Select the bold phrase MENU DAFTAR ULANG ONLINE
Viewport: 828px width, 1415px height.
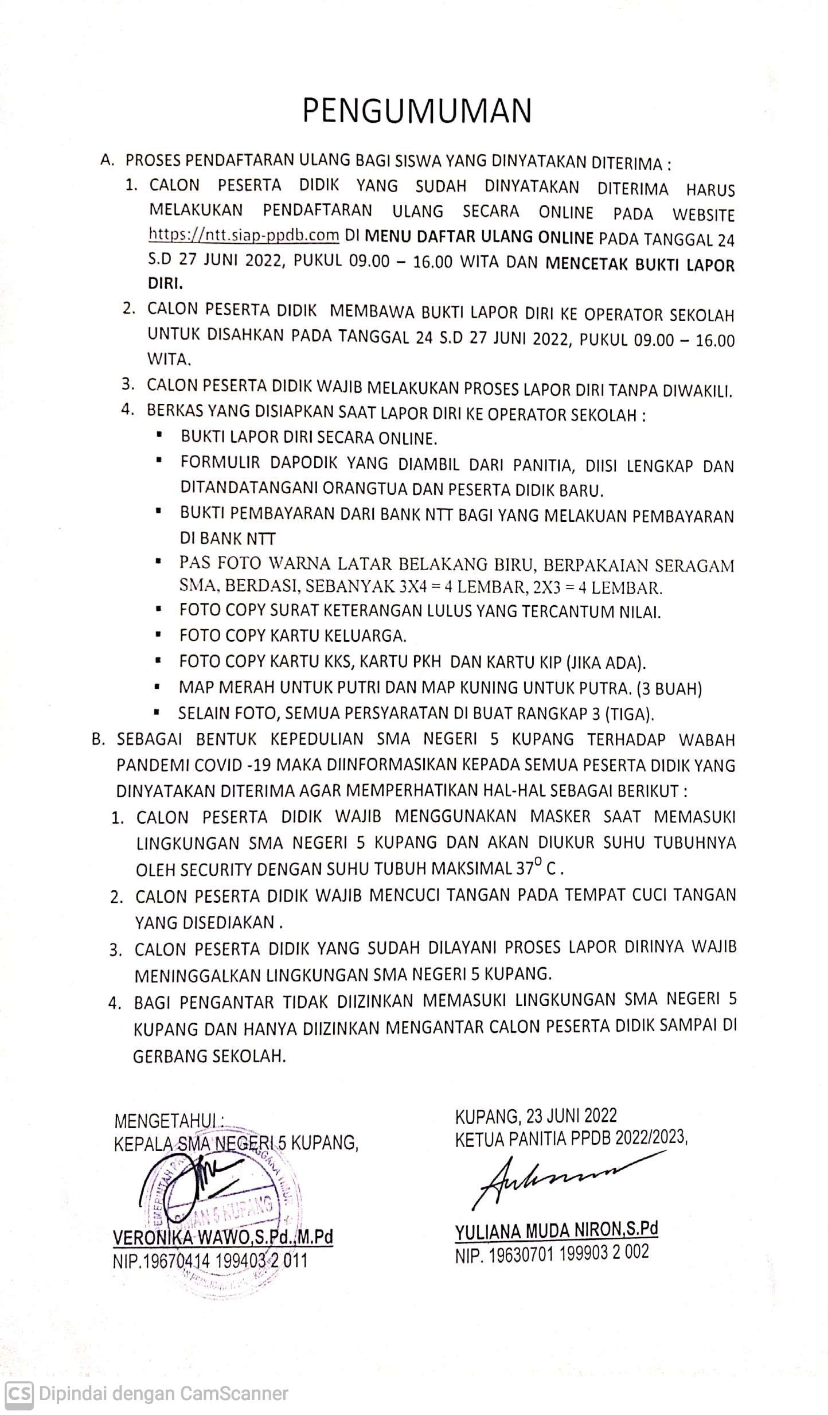(479, 237)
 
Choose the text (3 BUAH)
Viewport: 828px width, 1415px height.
(666, 688)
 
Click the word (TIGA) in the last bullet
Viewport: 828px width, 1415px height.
(630, 714)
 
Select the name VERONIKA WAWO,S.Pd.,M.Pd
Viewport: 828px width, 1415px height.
(224, 1237)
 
